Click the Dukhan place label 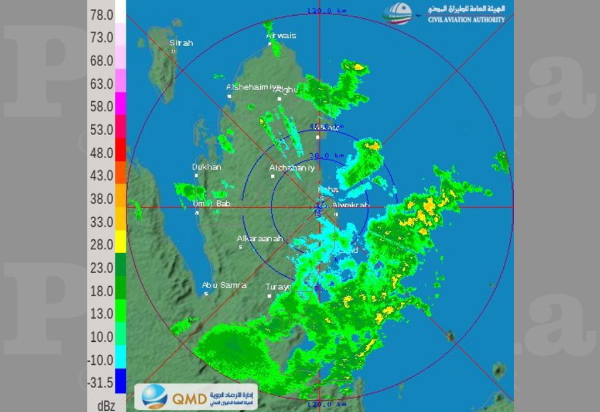(x=207, y=167)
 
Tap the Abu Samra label (x=224, y=285)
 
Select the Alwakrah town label (x=350, y=205)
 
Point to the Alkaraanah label (x=260, y=239)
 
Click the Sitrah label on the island (x=181, y=43)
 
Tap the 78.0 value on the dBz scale (x=101, y=15)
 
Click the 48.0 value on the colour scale (x=101, y=153)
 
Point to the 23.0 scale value (x=101, y=267)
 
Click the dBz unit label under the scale (x=101, y=404)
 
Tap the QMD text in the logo (x=189, y=399)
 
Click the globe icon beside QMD (x=154, y=397)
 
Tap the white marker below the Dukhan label (x=197, y=175)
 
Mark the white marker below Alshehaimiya (x=230, y=96)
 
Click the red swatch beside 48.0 (x=121, y=153)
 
